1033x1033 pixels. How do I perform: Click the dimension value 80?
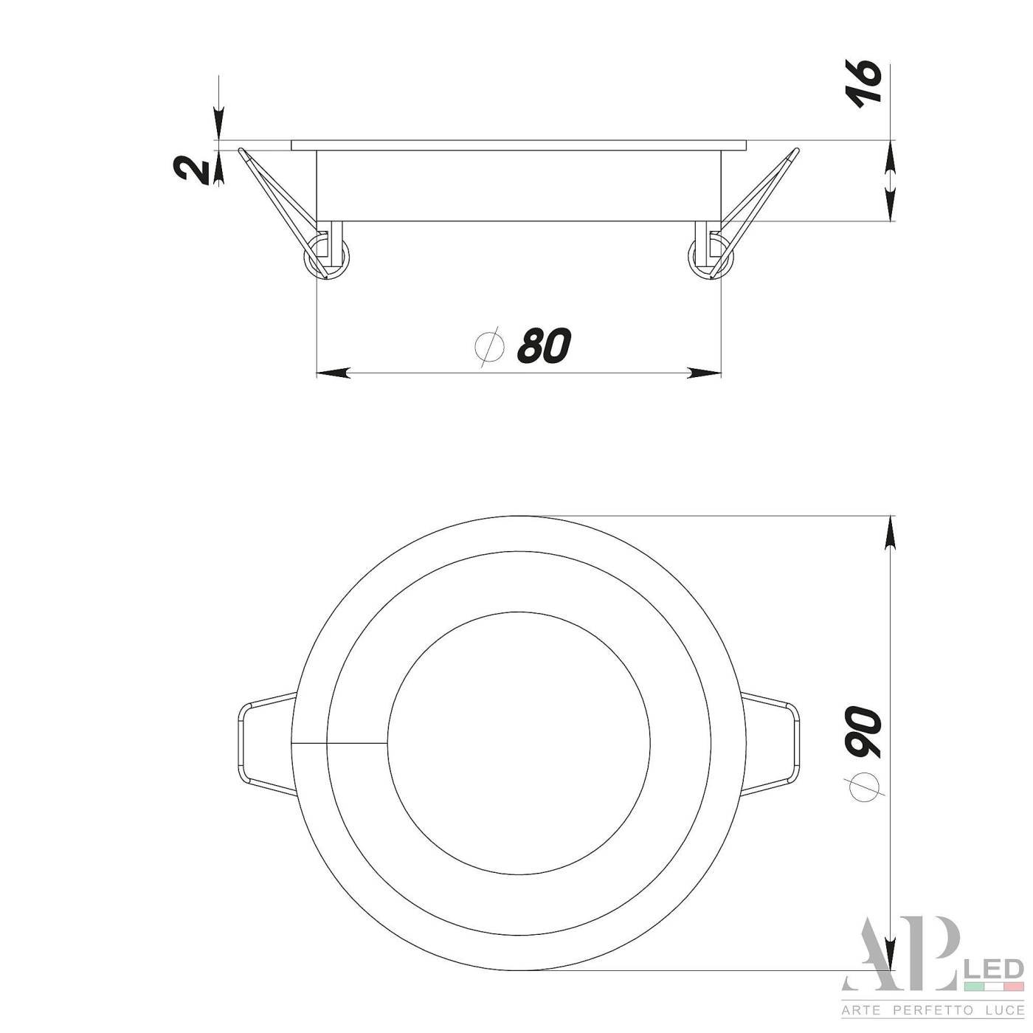pyautogui.click(x=545, y=345)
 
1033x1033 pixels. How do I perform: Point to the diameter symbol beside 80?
pyautogui.click(x=489, y=345)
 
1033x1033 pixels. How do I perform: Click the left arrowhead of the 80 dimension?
pyautogui.click(x=332, y=373)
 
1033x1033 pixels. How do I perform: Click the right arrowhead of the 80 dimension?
pyautogui.click(x=705, y=373)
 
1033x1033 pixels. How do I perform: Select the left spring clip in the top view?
pyautogui.click(x=266, y=742)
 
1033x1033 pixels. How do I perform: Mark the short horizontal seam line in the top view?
pyautogui.click(x=339, y=742)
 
